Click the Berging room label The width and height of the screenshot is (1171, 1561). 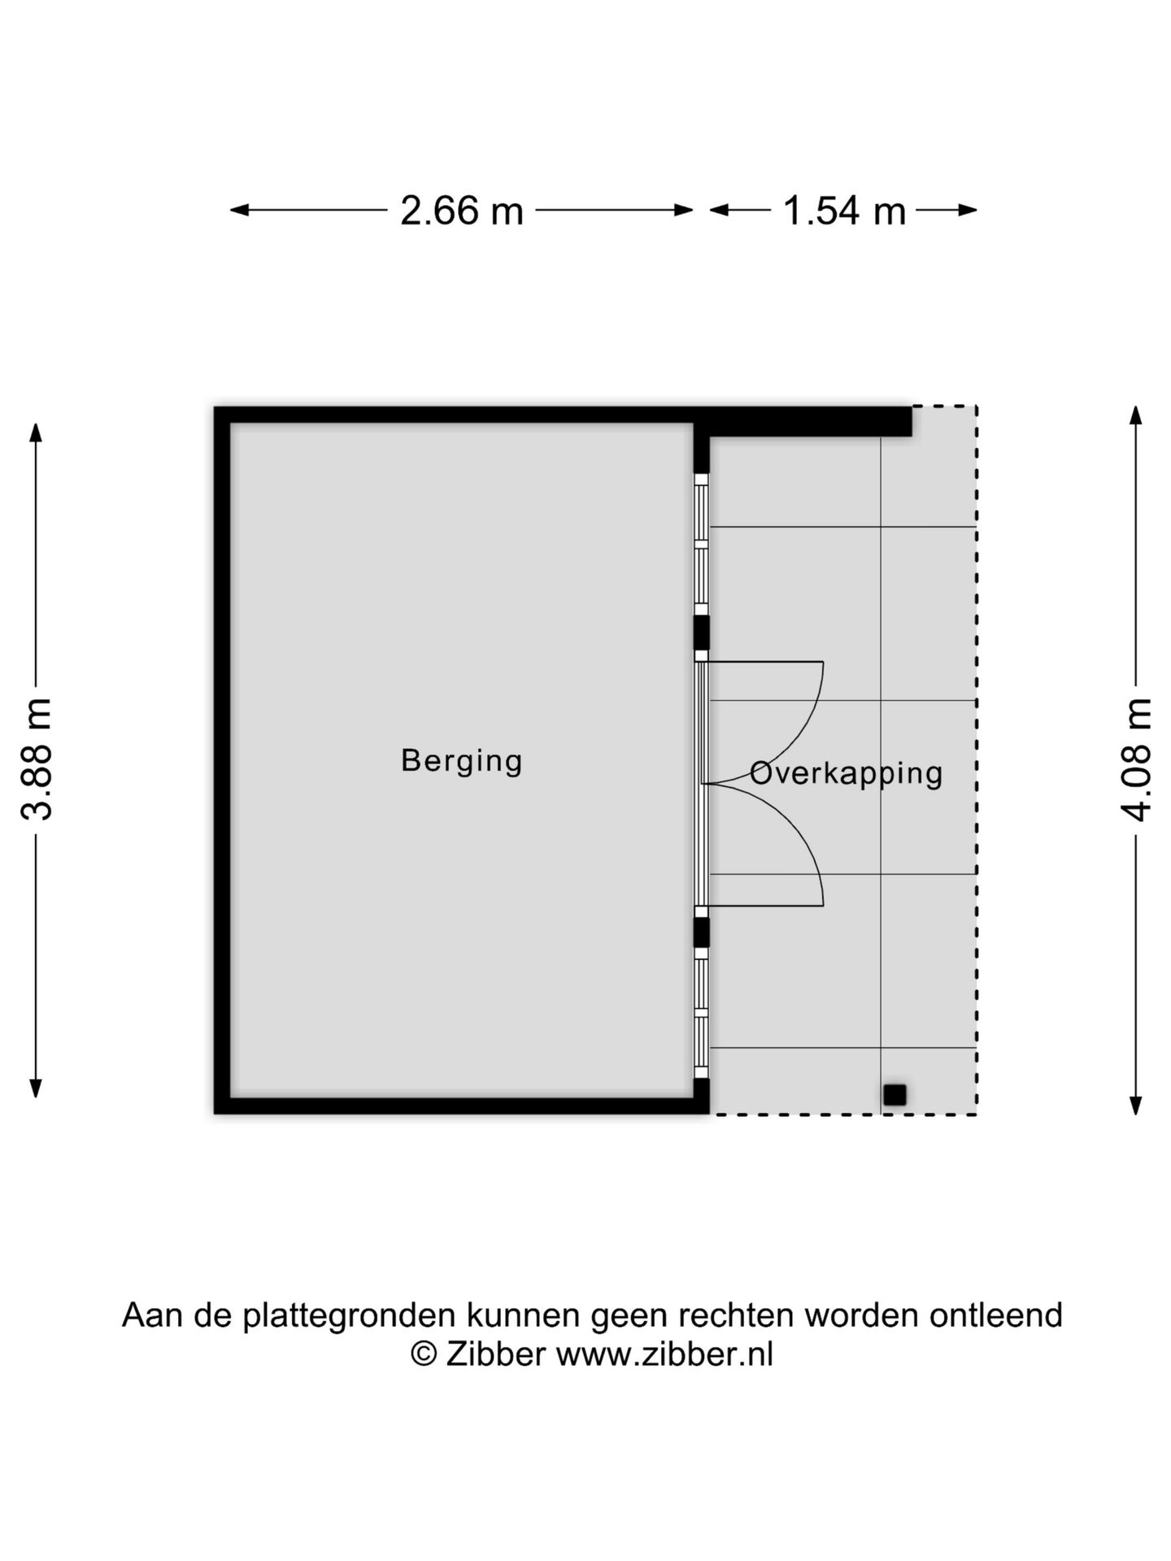(x=461, y=762)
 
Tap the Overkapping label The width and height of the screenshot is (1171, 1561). (x=846, y=773)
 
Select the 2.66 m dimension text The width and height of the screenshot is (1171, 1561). (x=462, y=211)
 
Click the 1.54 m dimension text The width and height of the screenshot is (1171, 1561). (x=844, y=211)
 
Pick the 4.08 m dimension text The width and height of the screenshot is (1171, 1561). (x=1137, y=759)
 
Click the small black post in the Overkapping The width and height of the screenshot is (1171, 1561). (x=895, y=1095)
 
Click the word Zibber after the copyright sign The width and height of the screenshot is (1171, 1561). (x=495, y=1354)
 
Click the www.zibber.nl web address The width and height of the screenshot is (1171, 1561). (x=664, y=1354)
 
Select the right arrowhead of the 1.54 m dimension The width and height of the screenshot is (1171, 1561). (x=968, y=211)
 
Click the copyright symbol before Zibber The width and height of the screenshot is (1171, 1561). (x=423, y=1354)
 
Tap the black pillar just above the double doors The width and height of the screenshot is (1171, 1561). (x=701, y=633)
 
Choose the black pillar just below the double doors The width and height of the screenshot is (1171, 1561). (x=701, y=933)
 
